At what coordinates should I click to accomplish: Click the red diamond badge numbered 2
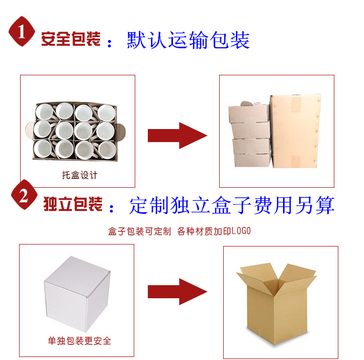[x=23, y=197]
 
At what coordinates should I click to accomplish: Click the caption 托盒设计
[x=79, y=175]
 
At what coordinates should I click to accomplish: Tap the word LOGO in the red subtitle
[x=240, y=231]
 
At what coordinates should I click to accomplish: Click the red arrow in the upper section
[x=177, y=136]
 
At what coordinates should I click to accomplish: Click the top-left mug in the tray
[x=45, y=113]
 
